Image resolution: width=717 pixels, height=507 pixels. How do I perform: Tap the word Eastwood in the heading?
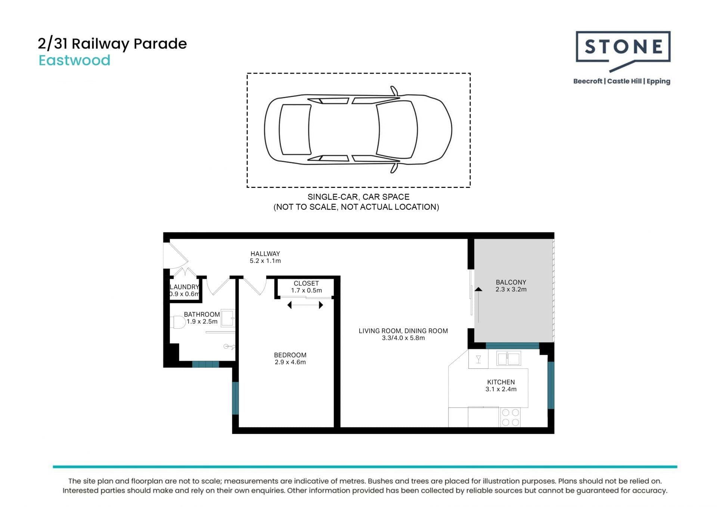75,61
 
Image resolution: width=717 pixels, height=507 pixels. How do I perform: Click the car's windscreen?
397,129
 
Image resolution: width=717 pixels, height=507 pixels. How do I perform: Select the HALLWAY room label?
265,254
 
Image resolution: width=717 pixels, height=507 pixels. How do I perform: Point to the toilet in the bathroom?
178,322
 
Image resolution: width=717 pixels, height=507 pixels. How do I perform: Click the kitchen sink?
509,359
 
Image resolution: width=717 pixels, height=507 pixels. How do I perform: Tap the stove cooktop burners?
510,417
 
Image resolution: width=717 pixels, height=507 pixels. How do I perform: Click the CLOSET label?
306,284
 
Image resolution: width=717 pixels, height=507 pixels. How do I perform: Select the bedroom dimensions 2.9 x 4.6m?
290,362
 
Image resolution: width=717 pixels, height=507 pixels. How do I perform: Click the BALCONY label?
511,282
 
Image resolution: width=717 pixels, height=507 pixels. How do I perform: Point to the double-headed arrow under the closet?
305,305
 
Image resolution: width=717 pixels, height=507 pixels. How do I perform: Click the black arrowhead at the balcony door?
478,289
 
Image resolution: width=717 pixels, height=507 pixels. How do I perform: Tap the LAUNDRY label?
184,287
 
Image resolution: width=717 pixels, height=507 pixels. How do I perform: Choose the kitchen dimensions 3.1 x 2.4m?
501,389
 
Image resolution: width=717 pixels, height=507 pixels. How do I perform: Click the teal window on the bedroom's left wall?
235,398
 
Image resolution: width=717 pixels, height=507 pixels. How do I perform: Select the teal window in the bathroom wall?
205,364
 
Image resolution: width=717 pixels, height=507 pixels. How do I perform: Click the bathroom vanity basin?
227,318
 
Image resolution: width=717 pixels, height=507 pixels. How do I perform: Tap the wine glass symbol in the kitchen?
478,359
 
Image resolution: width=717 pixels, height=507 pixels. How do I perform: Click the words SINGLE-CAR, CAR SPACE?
358,197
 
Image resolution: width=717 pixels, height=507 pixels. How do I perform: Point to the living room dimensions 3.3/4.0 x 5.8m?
403,338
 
